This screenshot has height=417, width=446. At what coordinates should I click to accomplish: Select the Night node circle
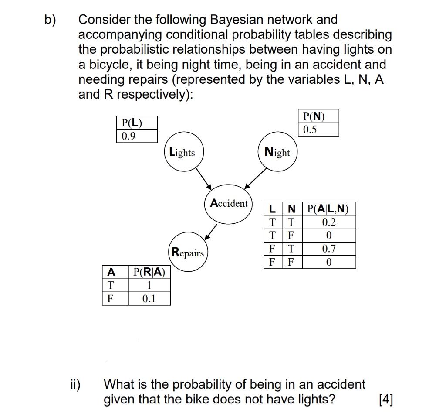[277, 152]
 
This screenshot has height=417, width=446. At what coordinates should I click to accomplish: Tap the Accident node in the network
[229, 205]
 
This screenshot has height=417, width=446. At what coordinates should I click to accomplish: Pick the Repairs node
[188, 253]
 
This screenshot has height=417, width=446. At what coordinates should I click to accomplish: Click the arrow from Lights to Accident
[204, 179]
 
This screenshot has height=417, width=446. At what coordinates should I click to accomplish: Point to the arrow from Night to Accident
[256, 179]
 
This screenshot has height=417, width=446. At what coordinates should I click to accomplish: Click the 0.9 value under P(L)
[129, 136]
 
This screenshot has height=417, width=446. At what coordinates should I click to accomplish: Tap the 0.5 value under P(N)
[311, 130]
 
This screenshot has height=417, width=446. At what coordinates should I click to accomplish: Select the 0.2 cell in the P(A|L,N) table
[329, 222]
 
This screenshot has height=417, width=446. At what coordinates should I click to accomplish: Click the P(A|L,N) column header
[328, 208]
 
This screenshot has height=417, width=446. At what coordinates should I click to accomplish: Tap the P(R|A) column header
[149, 272]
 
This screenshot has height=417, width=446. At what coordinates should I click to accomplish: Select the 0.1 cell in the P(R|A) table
[149, 299]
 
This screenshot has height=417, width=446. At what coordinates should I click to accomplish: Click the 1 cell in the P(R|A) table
[149, 286]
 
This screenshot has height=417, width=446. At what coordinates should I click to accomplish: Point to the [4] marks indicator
[386, 400]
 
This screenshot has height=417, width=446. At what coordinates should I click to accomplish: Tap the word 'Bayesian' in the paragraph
[237, 20]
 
